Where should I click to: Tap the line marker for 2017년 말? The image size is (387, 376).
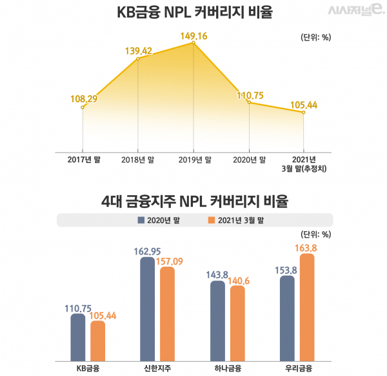83,107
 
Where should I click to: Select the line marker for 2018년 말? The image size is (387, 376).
138,59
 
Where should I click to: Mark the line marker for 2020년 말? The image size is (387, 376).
249,102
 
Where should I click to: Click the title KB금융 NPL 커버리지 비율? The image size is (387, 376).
192,13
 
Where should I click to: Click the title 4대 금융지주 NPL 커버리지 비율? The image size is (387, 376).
193,201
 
